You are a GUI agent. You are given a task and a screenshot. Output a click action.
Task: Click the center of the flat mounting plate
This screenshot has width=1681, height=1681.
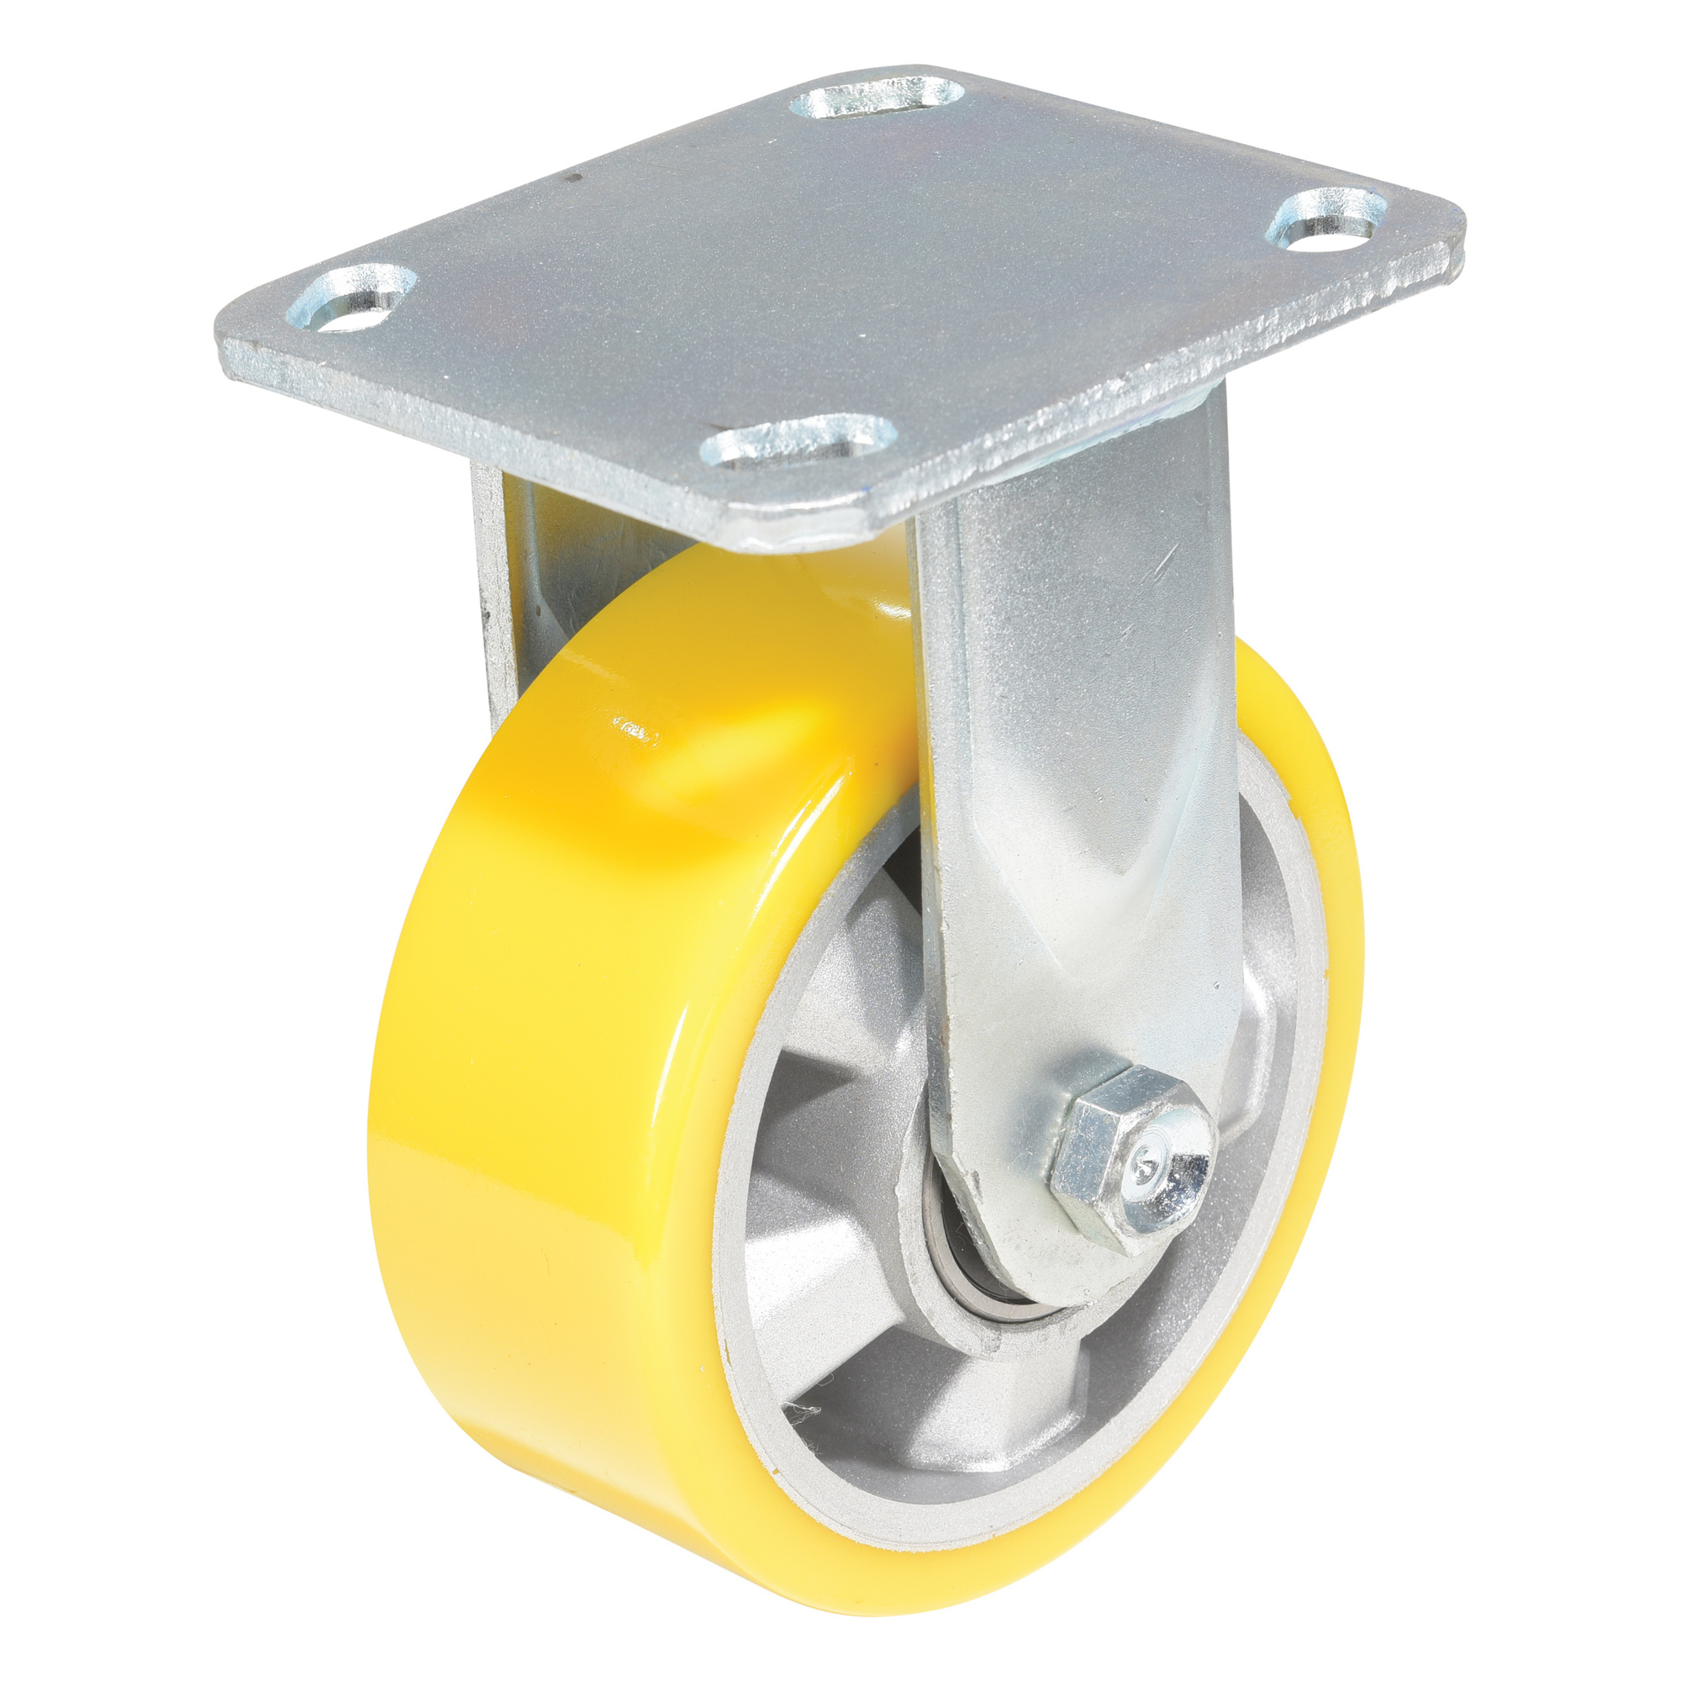tap(835, 287)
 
